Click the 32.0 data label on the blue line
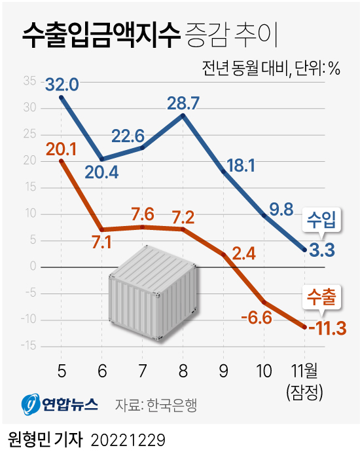point(62,85)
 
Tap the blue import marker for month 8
point(183,115)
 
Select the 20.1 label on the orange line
point(62,149)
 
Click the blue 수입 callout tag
point(321,221)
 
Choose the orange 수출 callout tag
point(321,298)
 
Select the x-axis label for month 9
point(224,371)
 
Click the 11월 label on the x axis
point(305,371)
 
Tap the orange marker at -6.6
point(264,302)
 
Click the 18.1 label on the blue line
point(240,165)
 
